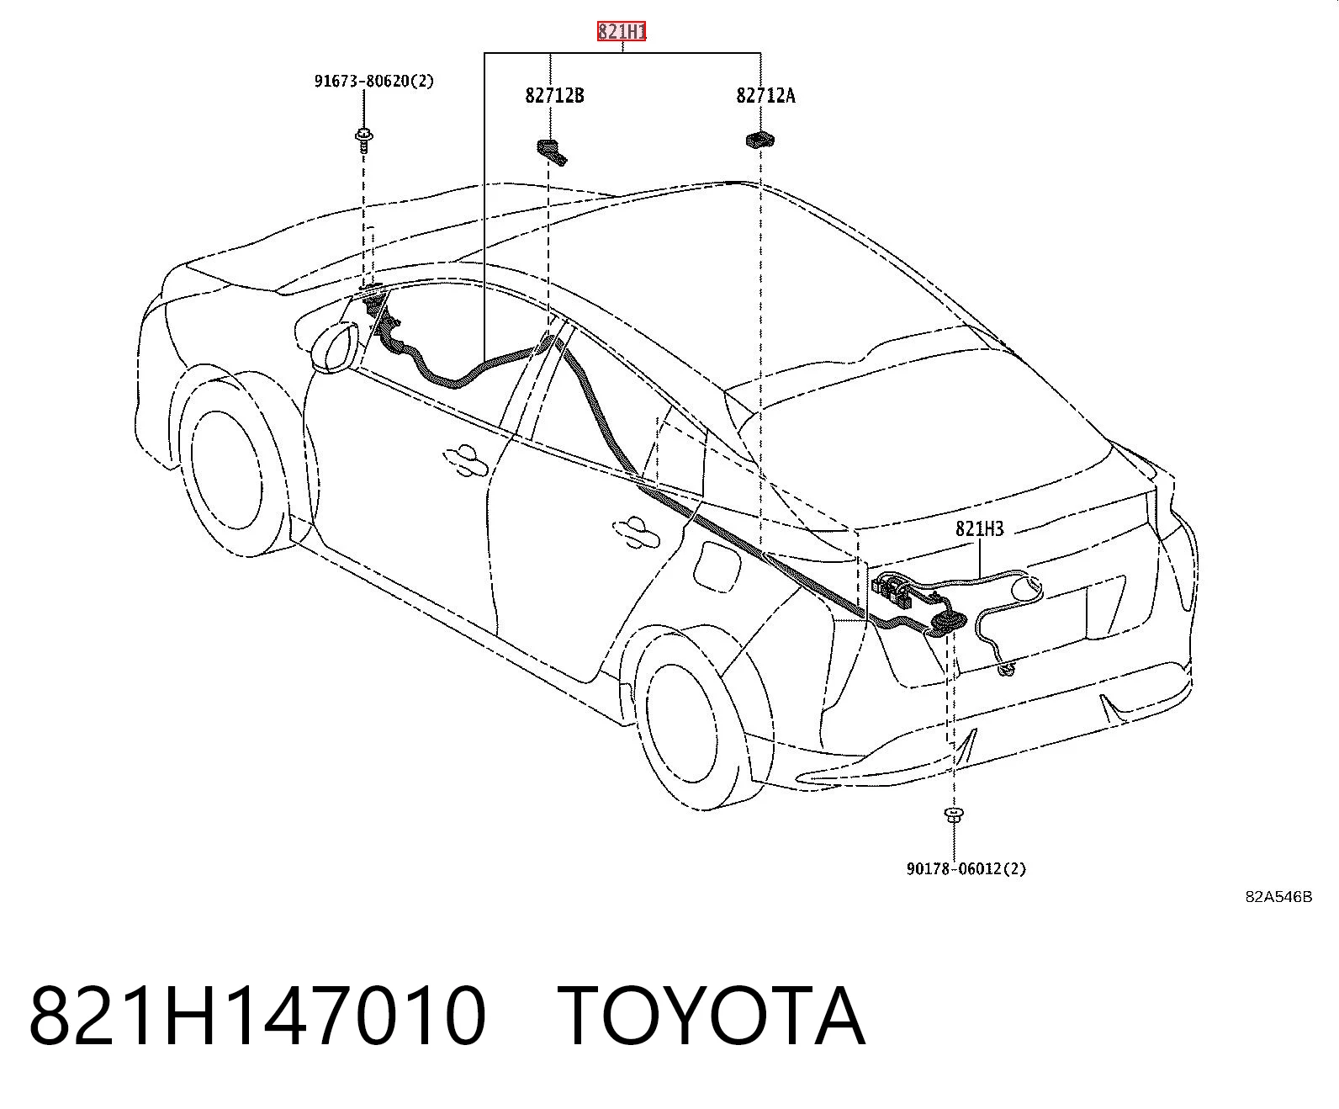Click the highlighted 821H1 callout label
622,31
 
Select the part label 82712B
555,96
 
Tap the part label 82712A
765,96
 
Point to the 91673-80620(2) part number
374,82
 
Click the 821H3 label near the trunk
979,528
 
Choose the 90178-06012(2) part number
966,869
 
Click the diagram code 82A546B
1278,897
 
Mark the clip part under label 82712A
760,140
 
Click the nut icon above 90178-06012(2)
955,815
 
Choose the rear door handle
636,532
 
